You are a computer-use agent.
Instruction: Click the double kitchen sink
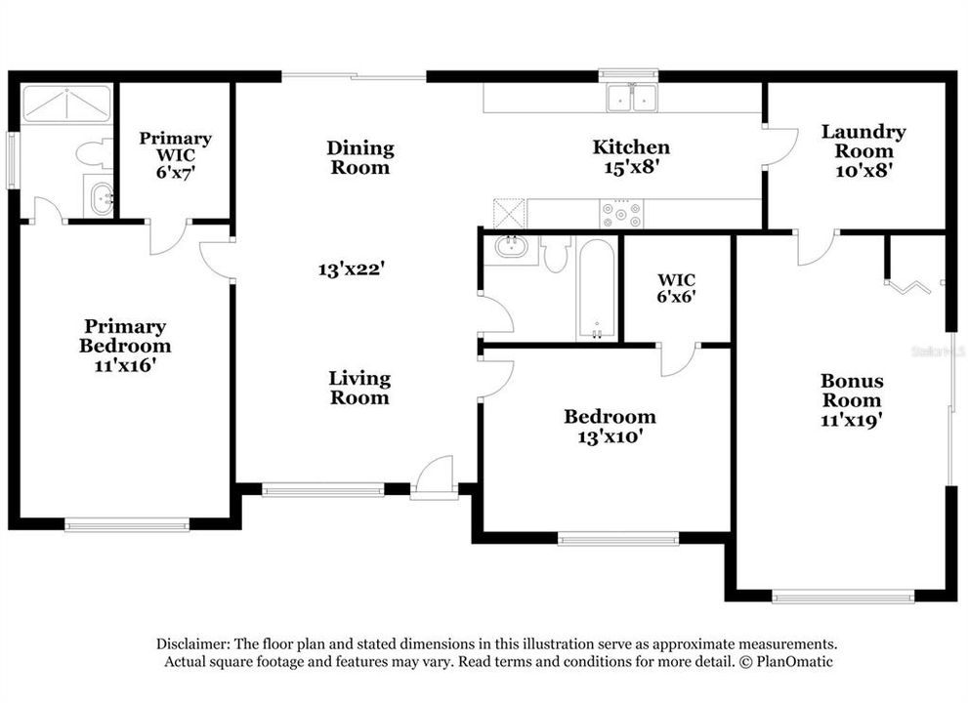pos(630,98)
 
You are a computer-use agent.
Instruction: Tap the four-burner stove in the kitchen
pos(620,213)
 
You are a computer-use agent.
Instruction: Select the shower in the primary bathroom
pos(66,104)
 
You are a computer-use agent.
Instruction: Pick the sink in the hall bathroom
pos(511,247)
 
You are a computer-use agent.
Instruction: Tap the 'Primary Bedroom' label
pos(124,336)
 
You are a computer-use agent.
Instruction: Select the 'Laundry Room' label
pos(863,141)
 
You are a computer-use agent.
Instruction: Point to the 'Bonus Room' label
pos(851,391)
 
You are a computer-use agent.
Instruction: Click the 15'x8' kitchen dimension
pos(631,167)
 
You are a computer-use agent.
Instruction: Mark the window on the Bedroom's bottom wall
pos(617,538)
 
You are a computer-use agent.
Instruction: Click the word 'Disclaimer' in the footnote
pos(191,644)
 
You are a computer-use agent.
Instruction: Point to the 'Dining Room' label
pos(359,157)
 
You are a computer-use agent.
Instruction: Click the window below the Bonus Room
pos(843,596)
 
